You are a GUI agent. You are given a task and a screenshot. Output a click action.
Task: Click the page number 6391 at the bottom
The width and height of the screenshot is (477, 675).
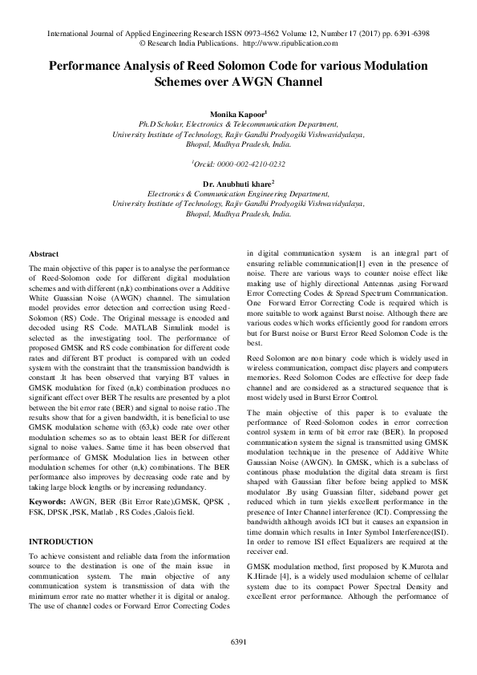point(238,643)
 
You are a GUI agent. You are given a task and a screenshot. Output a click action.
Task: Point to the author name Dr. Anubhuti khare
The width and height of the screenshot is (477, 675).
point(236,184)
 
